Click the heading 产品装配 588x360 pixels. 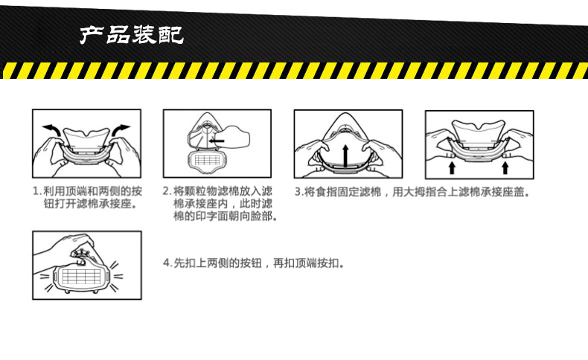tap(132, 34)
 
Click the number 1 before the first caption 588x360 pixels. tap(36, 191)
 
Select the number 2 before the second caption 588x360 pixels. tap(167, 191)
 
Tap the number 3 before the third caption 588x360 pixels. tap(297, 191)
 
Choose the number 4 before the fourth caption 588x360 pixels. tap(167, 263)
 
